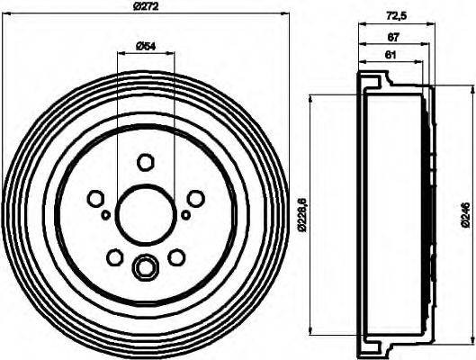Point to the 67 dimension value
[392, 38]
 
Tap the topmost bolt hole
[145, 162]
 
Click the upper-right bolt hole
[195, 199]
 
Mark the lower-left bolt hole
[114, 258]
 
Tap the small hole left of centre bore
[105, 215]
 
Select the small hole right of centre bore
[185, 215]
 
